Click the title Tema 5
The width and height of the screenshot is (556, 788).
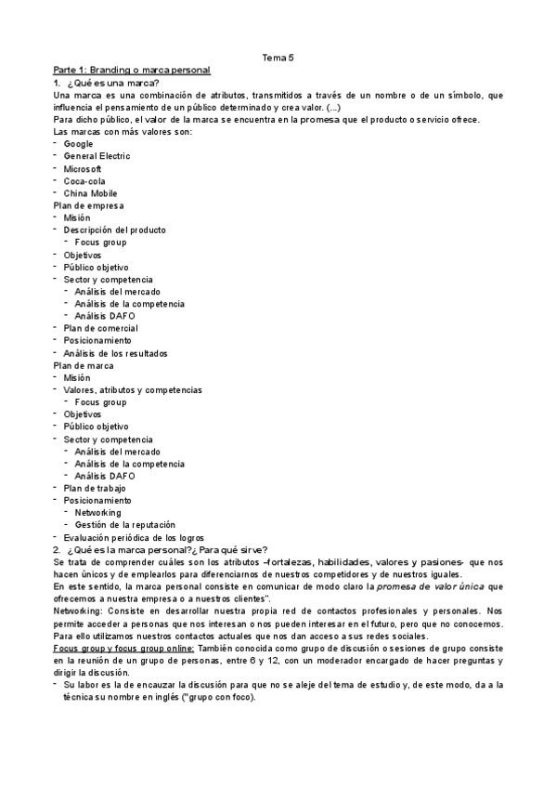(x=278, y=58)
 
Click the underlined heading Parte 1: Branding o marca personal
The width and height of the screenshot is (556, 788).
(x=132, y=71)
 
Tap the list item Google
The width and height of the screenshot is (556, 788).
(x=79, y=144)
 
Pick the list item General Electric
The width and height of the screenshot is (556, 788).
(x=97, y=156)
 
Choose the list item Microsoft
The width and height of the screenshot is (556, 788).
(x=83, y=168)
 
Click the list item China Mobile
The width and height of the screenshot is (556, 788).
(x=91, y=193)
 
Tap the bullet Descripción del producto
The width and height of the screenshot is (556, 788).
(x=115, y=230)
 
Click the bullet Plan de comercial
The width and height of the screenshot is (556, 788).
(x=101, y=328)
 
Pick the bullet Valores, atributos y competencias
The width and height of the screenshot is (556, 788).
(x=133, y=390)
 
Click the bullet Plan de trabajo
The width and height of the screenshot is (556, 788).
(x=95, y=488)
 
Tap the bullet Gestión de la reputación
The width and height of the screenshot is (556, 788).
(x=125, y=525)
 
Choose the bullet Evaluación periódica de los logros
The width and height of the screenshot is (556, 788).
(x=134, y=538)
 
